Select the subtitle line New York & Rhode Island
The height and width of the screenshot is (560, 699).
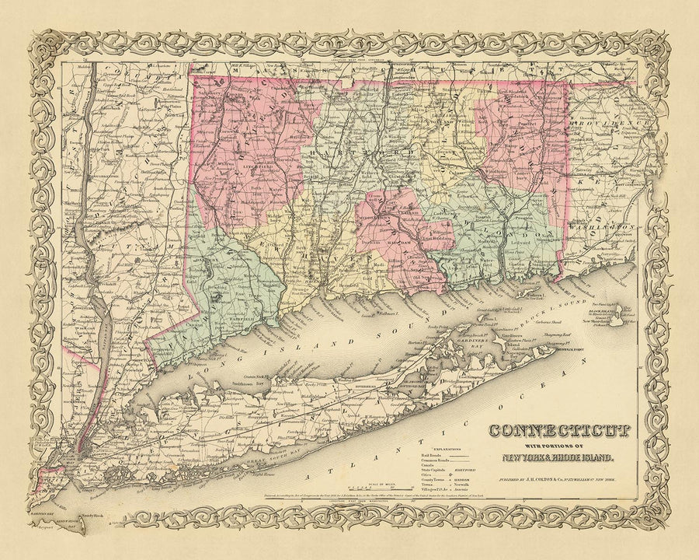tap(561, 457)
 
